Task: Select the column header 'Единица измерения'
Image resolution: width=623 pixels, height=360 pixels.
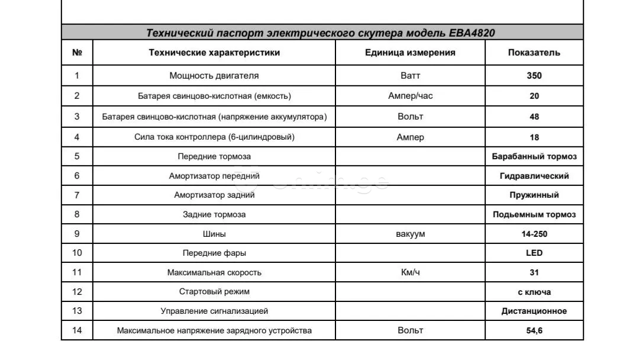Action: (x=410, y=53)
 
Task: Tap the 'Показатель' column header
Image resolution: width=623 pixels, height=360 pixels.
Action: (x=534, y=53)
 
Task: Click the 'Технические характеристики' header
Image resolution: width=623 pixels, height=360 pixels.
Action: (x=214, y=53)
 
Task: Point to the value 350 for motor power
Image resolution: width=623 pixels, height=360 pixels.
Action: (x=534, y=76)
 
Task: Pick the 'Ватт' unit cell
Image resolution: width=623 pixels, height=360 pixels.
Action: (x=410, y=76)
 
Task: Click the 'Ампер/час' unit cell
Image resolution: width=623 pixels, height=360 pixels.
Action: (x=410, y=96)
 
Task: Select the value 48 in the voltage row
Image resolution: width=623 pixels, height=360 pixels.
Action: (x=534, y=117)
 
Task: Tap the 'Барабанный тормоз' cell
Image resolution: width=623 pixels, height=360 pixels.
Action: (x=534, y=157)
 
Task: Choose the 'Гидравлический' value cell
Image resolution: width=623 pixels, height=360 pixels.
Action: (x=534, y=176)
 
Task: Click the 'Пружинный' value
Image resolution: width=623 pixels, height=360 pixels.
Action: (x=534, y=195)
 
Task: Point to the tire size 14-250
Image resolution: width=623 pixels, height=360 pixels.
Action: (x=534, y=234)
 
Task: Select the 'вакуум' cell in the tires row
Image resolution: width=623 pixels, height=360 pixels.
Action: (x=410, y=234)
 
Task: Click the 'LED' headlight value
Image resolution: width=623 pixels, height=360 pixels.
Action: (x=534, y=253)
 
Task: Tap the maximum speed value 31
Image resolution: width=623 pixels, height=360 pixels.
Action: (x=534, y=273)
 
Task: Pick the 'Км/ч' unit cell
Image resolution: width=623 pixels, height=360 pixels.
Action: (x=410, y=273)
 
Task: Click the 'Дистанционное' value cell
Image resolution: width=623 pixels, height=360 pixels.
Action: (x=534, y=311)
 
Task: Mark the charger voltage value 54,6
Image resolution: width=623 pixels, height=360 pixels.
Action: (x=534, y=330)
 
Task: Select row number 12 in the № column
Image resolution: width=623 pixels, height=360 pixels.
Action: (x=77, y=292)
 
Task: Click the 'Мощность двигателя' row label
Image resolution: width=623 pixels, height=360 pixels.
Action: (x=214, y=76)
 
